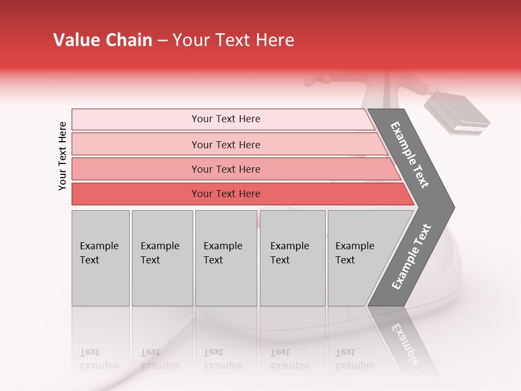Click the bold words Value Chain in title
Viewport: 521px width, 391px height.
pos(103,40)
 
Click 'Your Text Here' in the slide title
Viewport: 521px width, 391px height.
pos(233,40)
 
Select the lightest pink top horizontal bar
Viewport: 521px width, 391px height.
pos(225,119)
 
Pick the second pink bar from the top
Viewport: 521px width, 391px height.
pos(225,144)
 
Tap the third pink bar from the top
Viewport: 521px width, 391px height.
pos(225,169)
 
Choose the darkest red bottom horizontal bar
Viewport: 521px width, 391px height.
pos(225,194)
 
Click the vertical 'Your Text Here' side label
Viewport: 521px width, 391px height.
pos(62,156)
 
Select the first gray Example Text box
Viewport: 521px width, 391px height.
pos(100,257)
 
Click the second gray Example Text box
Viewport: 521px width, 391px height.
pos(162,257)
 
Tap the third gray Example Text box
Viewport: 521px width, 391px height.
pos(225,257)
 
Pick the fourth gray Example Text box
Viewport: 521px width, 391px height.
pos(292,257)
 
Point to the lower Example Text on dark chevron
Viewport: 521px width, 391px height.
pos(411,256)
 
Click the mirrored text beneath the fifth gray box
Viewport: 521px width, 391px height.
pos(354,359)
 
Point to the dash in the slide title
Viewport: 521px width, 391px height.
pos(162,41)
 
